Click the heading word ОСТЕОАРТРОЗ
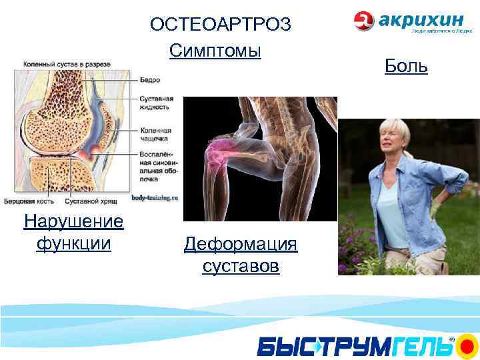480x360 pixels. [x=221, y=25]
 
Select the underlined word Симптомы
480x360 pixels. [x=215, y=50]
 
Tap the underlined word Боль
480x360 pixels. [x=406, y=67]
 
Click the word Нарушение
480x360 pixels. [x=73, y=221]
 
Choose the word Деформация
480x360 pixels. [x=240, y=245]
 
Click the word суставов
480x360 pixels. [x=240, y=267]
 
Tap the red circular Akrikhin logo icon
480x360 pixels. [x=364, y=21]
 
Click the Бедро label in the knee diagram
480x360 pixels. [x=150, y=80]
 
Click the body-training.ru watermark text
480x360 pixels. [x=155, y=197]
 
